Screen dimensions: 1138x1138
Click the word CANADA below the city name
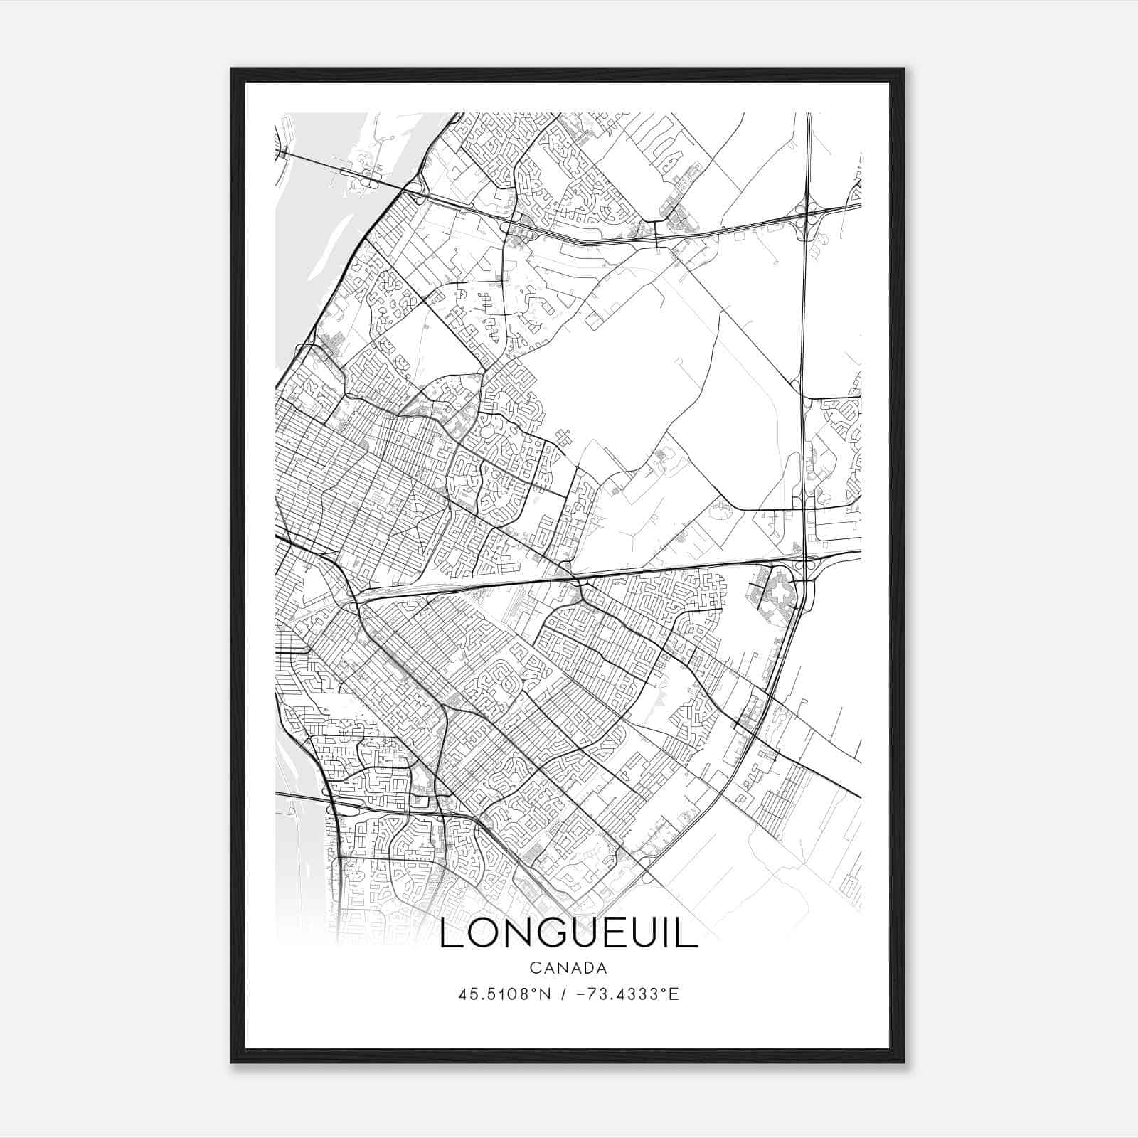point(568,967)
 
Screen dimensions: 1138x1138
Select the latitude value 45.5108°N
point(504,994)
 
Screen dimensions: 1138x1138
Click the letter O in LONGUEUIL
point(478,935)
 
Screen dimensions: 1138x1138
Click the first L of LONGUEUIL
point(450,935)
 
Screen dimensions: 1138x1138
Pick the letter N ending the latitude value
point(546,994)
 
